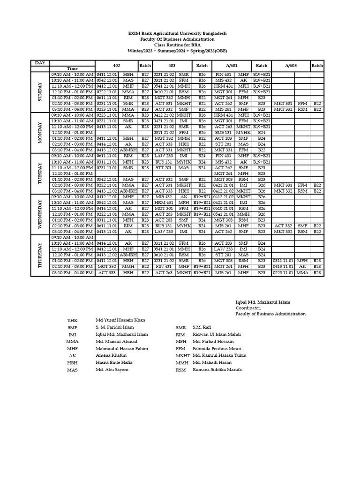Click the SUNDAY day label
(x=40, y=92)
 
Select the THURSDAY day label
(x=40, y=255)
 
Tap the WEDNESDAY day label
(x=40, y=214)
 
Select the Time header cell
(x=72, y=69)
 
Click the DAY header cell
(x=40, y=63)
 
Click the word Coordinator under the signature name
(x=247, y=308)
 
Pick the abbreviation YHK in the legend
(x=72, y=320)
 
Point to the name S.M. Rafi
(x=202, y=327)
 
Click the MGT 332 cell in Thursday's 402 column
(x=106, y=266)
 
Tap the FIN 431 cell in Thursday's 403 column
(x=164, y=266)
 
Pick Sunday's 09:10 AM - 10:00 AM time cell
(x=72, y=75)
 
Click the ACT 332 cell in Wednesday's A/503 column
(x=283, y=226)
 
